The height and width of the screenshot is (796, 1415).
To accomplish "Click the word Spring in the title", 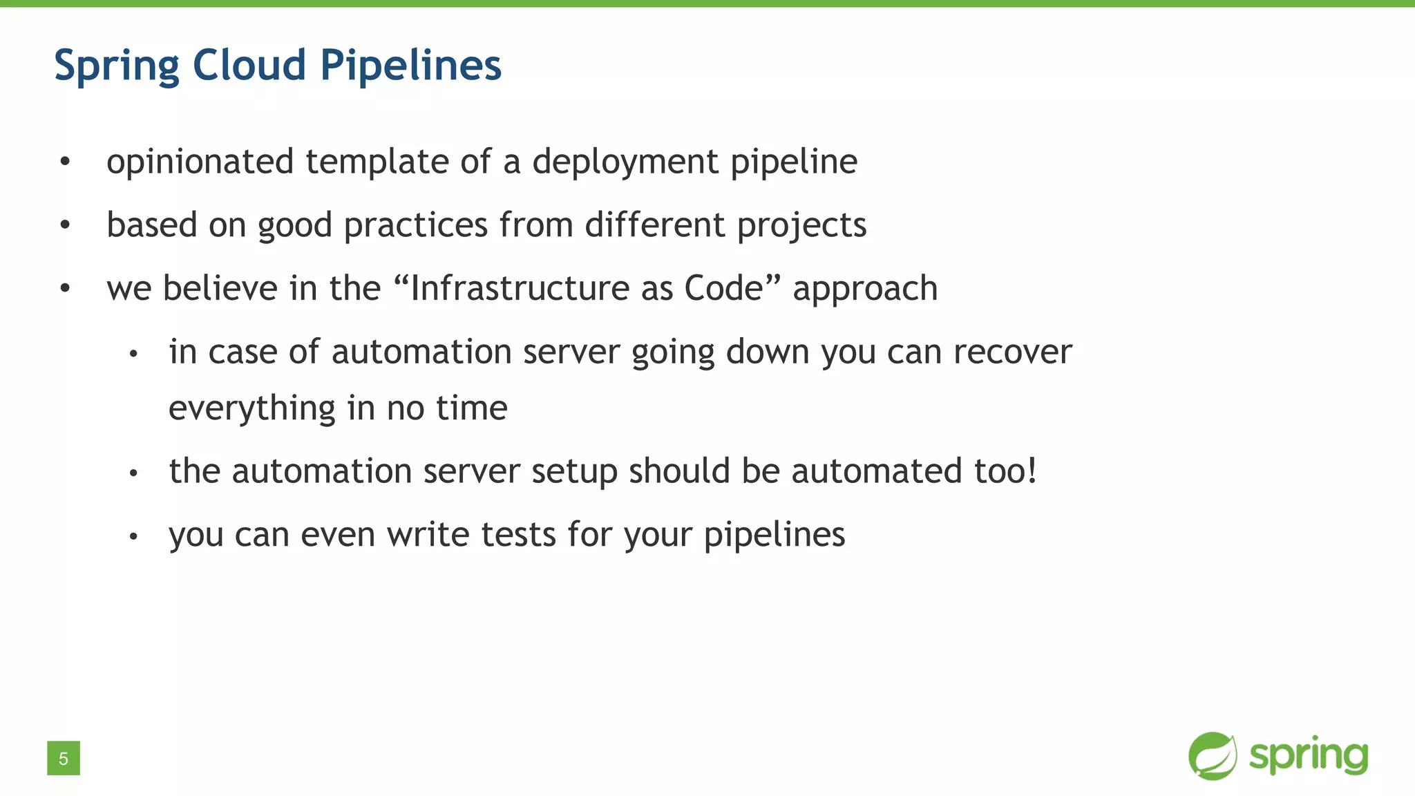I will [x=117, y=66].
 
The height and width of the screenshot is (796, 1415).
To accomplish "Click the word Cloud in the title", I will [x=249, y=65].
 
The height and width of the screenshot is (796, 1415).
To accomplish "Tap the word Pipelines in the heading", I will [x=410, y=66].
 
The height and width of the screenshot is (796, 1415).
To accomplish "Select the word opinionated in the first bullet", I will [x=200, y=162].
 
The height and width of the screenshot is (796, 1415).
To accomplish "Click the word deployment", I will [x=625, y=162].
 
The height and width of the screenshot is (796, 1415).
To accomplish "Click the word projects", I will [x=801, y=226].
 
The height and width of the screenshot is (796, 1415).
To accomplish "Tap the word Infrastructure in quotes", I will [x=517, y=288].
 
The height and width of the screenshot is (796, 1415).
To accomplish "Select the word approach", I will [x=865, y=290].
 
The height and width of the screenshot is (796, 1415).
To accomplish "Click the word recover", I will [x=1012, y=352].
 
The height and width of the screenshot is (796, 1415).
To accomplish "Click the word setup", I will [x=574, y=472].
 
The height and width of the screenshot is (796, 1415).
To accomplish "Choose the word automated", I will [x=877, y=471].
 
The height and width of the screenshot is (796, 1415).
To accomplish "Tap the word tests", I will [x=518, y=535].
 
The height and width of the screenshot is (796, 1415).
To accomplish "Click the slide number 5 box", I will [x=64, y=758].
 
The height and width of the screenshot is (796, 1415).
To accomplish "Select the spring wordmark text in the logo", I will [x=1309, y=757].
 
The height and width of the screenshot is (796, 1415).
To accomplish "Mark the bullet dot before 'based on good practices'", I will [x=65, y=225].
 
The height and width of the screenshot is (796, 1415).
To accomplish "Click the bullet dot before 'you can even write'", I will [x=134, y=536].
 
